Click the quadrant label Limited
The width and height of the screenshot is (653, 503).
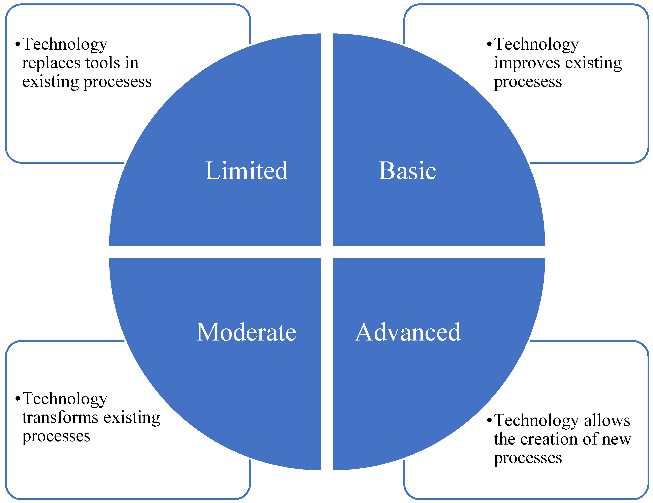pos(246,171)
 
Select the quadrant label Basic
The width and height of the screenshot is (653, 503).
pos(407,171)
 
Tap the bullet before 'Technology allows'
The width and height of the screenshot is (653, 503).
pos(489,420)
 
